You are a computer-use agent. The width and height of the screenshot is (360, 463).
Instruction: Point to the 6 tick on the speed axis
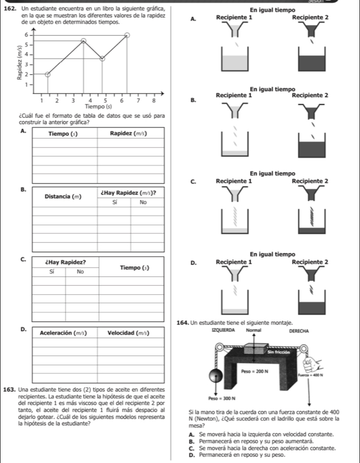pyautogui.click(x=26, y=34)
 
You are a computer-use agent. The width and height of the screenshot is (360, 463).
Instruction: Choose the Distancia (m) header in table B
pyautogui.click(x=63, y=197)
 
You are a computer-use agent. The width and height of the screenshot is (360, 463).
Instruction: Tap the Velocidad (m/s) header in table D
pyautogui.click(x=129, y=333)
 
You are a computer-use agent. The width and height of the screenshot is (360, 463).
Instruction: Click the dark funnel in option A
pyautogui.click(x=310, y=32)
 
